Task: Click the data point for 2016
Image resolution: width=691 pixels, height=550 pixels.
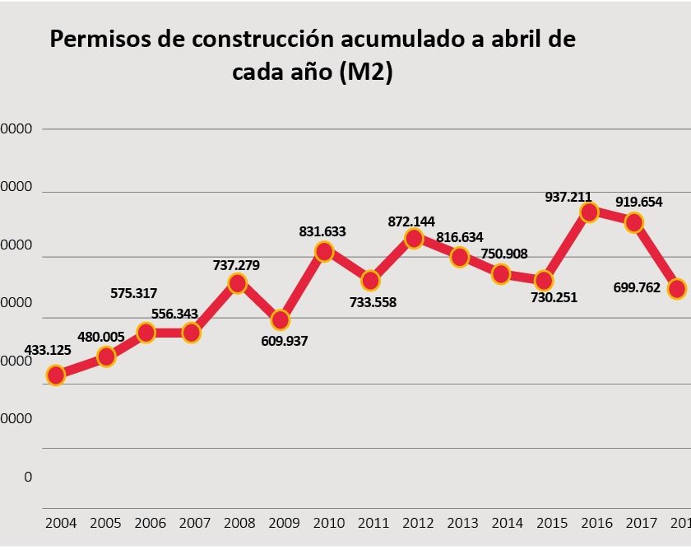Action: point(589,212)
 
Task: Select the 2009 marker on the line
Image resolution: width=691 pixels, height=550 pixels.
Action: point(281,319)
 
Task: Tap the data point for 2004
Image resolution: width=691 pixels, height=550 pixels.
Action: point(56,375)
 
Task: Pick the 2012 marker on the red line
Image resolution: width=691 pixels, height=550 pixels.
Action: point(414,239)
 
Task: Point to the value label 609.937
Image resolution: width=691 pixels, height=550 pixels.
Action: point(284,340)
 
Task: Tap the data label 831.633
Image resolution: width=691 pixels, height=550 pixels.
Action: point(322,231)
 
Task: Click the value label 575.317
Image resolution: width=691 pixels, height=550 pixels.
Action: point(133,293)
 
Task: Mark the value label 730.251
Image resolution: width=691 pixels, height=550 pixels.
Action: point(554,297)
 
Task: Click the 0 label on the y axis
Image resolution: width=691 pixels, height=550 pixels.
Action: point(28,477)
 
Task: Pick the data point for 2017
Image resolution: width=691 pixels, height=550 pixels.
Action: point(633,222)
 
